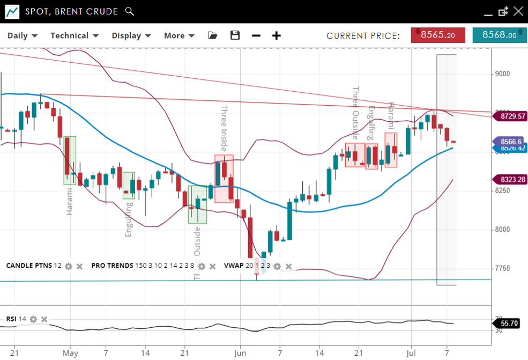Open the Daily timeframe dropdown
[x=22, y=35]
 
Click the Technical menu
[x=75, y=35]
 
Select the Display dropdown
[x=131, y=35]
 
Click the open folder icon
[x=213, y=35]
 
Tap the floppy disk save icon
[x=235, y=35]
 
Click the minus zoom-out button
[x=256, y=35]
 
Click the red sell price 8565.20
[x=438, y=35]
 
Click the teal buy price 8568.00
[x=499, y=35]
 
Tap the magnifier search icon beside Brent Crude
[x=129, y=11]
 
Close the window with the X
[x=518, y=11]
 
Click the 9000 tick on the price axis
[x=502, y=74]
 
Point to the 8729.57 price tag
[x=509, y=116]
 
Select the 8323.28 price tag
[x=509, y=179]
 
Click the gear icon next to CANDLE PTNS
[x=69, y=266]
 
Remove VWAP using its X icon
[x=289, y=266]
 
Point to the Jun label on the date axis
[x=240, y=354]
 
